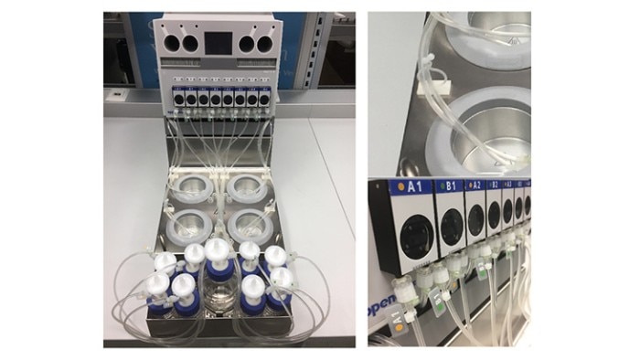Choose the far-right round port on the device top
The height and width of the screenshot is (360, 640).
[266, 41]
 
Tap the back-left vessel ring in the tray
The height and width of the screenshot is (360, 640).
[194, 190]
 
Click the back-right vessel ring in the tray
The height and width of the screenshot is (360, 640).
[247, 189]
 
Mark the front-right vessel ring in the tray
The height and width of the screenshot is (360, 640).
[251, 223]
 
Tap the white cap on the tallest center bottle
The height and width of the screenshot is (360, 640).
[219, 249]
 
